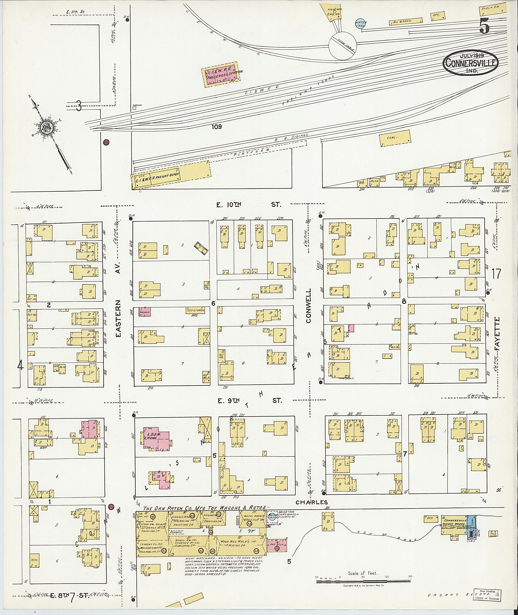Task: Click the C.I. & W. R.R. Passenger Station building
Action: (x=220, y=74)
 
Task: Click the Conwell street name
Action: (x=309, y=306)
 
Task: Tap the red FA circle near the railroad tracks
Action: (x=106, y=143)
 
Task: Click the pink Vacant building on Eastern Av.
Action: (x=144, y=312)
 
